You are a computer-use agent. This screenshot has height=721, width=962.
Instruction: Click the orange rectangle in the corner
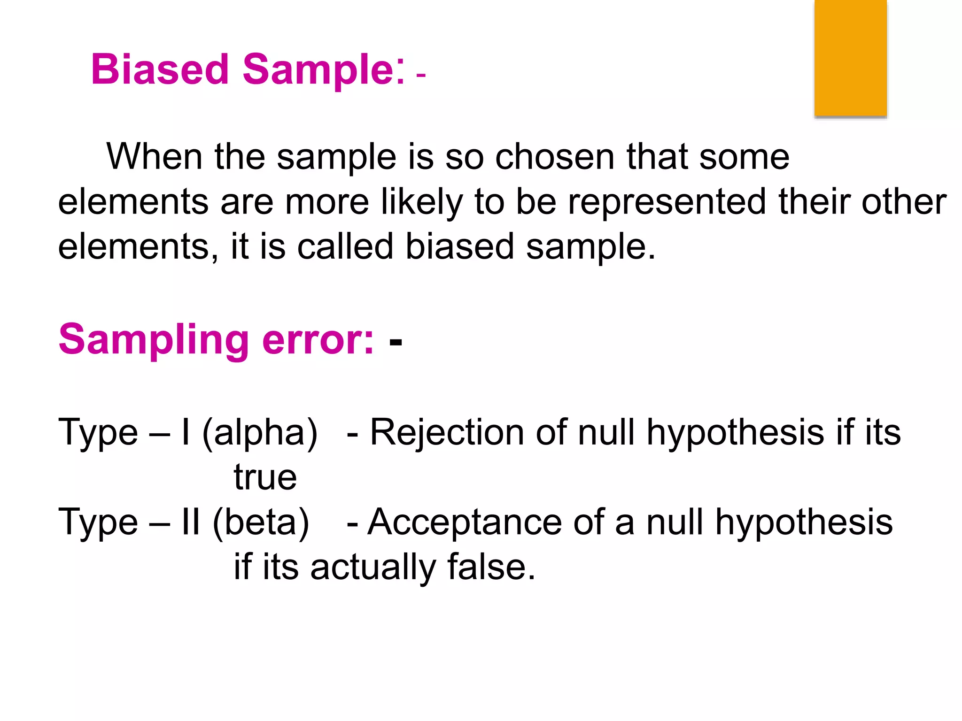click(x=850, y=58)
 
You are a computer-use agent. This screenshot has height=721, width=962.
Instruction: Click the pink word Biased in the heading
click(x=160, y=69)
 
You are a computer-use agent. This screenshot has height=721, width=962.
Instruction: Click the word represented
click(x=667, y=202)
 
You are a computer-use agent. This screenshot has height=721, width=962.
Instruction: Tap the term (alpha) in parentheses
click(x=260, y=432)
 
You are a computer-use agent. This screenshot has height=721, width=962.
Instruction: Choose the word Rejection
click(x=447, y=432)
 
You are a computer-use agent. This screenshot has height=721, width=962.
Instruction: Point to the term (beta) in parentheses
click(x=261, y=522)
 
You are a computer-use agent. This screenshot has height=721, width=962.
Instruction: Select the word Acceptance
click(x=465, y=522)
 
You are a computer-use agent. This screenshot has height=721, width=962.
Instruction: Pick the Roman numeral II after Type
click(x=191, y=522)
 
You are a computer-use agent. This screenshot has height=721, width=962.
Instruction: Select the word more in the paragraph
click(x=327, y=202)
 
